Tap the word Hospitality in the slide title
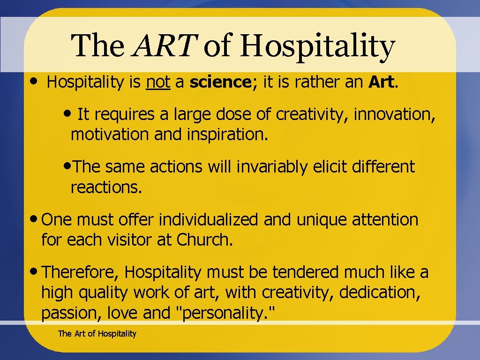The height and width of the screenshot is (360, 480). [x=318, y=47]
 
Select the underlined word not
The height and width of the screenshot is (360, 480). [x=158, y=82]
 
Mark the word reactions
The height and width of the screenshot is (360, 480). [x=105, y=187]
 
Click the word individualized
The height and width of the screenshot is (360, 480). [x=213, y=219]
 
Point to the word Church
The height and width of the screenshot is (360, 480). [x=204, y=240]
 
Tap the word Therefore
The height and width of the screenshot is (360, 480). [x=81, y=272]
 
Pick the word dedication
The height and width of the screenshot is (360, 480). [x=379, y=292]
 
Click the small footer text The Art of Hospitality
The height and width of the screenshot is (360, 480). [x=97, y=334]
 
